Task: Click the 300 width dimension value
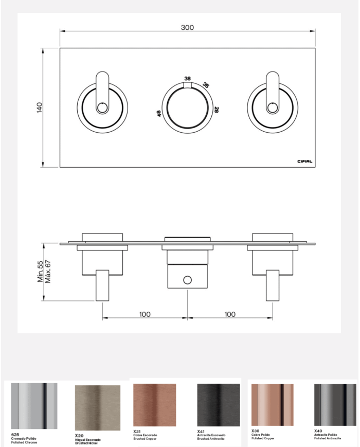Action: pyautogui.click(x=187, y=28)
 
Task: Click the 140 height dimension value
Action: pyautogui.click(x=40, y=108)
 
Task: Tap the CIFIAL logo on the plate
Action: pyautogui.click(x=305, y=161)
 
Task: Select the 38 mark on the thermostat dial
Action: pyautogui.click(x=187, y=78)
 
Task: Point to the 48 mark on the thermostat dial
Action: pyautogui.click(x=159, y=113)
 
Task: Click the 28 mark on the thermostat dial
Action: pyautogui.click(x=217, y=110)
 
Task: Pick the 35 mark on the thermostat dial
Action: pyautogui.click(x=206, y=85)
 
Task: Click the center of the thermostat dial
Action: pyautogui.click(x=187, y=108)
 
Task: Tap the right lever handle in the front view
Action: pyautogui.click(x=272, y=93)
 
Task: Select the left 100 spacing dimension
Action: pyautogui.click(x=145, y=314)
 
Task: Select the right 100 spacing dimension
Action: pyautogui.click(x=230, y=314)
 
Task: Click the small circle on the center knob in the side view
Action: pyautogui.click(x=187, y=280)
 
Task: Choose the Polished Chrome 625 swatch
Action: pyautogui.click(x=34, y=406)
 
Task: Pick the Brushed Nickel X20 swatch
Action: pyautogui.click(x=97, y=408)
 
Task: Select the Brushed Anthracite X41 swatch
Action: pyautogui.click(x=218, y=404)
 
